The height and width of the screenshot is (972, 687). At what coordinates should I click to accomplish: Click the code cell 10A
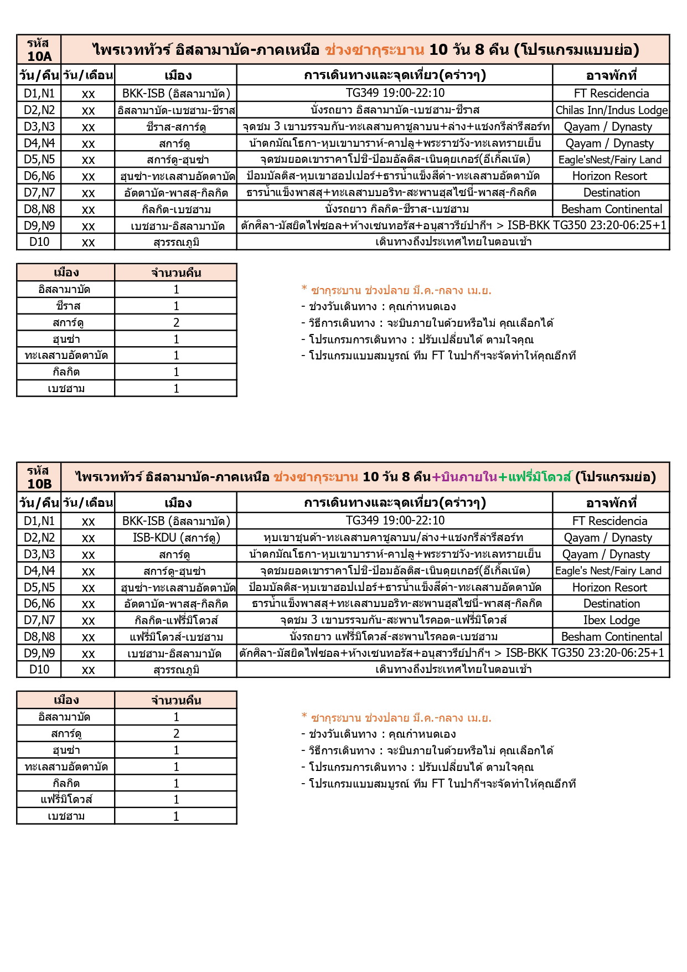pyautogui.click(x=39, y=50)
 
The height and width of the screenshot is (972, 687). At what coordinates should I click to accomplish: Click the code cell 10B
pyautogui.click(x=39, y=477)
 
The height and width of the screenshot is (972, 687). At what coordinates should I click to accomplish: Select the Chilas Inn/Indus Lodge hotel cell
pyautogui.click(x=611, y=110)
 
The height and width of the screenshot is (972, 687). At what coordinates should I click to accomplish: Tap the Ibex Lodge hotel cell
pyautogui.click(x=611, y=620)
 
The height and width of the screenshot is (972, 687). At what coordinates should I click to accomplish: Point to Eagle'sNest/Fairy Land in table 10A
pyautogui.click(x=610, y=160)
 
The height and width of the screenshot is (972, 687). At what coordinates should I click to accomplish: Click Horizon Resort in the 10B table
pyautogui.click(x=609, y=588)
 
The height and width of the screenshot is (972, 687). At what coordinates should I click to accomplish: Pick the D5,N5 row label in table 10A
pyautogui.click(x=39, y=160)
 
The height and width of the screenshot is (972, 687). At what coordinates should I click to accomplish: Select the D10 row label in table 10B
pyautogui.click(x=39, y=670)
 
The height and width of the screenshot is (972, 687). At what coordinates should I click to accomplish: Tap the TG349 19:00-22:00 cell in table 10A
pyautogui.click(x=395, y=93)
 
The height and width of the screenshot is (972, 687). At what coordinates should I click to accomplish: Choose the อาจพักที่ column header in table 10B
pyautogui.click(x=611, y=503)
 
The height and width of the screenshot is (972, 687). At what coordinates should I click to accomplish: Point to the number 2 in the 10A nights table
pyautogui.click(x=176, y=323)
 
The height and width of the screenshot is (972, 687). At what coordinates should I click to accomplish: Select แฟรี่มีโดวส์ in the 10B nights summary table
pyautogui.click(x=66, y=800)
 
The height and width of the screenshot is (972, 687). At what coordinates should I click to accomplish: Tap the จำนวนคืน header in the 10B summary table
pyautogui.click(x=176, y=701)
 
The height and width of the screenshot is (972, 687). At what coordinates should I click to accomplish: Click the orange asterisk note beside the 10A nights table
pyautogui.click(x=396, y=290)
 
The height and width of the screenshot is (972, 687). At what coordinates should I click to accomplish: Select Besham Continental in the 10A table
pyautogui.click(x=611, y=209)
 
